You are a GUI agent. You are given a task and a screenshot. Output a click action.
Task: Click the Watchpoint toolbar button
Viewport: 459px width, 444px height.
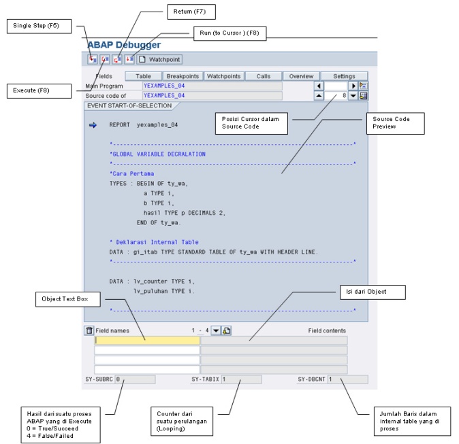pos(160,59)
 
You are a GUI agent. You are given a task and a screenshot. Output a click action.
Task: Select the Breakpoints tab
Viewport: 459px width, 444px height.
pos(183,76)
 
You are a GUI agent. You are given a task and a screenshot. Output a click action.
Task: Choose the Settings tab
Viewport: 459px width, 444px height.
pos(344,76)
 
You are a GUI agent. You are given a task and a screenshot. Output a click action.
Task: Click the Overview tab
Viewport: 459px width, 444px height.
pos(301,76)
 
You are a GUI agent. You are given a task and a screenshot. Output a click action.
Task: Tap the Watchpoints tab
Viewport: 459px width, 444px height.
pos(223,76)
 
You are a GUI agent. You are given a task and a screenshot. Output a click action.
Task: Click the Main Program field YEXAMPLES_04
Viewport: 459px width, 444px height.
pos(211,86)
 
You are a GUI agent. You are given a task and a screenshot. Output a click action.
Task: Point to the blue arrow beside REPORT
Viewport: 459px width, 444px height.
pos(93,125)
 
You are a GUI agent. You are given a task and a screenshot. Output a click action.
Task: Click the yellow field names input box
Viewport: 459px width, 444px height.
pos(147,340)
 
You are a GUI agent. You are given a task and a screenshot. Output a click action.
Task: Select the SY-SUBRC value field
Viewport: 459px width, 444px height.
pos(134,379)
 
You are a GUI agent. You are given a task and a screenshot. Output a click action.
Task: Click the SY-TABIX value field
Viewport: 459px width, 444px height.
pos(240,379)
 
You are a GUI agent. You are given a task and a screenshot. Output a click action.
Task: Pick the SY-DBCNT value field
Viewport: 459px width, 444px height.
pos(347,379)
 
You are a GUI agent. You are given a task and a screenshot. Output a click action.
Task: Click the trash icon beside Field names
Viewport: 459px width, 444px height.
pos(89,330)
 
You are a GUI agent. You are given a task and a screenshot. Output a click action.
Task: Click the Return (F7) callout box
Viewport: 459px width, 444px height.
pos(191,12)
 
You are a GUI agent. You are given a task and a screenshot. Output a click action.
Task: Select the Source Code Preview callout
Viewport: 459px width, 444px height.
pos(396,122)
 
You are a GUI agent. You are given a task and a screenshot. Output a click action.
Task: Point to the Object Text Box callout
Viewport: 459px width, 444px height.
pos(69,298)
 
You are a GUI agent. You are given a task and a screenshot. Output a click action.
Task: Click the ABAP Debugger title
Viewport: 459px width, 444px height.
pos(123,45)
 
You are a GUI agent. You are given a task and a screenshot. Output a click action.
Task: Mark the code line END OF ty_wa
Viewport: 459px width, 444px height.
pos(158,222)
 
